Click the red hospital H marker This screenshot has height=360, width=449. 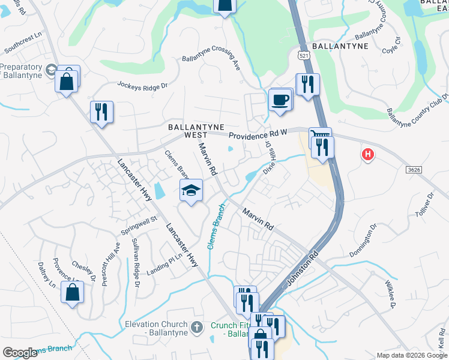(x=367, y=155)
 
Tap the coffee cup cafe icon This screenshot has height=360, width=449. (x=280, y=99)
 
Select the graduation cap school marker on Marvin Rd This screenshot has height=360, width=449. (x=191, y=191)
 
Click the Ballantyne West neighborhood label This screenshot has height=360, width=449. (x=196, y=131)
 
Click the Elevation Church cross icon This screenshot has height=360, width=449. (x=196, y=328)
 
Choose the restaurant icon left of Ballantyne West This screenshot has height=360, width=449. (x=101, y=112)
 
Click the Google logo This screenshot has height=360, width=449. (x=20, y=353)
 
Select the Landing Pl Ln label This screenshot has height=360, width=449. (x=164, y=264)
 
